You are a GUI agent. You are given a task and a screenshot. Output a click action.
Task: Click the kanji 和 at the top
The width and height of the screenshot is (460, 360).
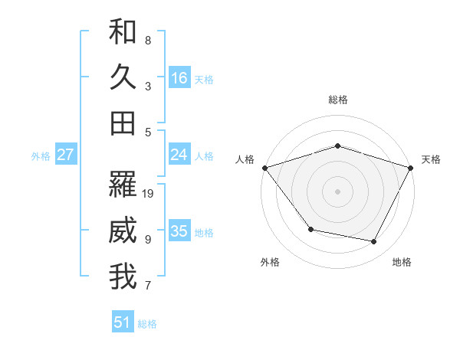click(x=123, y=31)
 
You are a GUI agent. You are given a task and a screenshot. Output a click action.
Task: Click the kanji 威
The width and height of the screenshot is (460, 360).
click(x=123, y=231)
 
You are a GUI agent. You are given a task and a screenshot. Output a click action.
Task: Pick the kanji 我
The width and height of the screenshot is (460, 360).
click(x=123, y=277)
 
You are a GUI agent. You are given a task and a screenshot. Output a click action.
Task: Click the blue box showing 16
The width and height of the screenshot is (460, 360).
click(x=179, y=78)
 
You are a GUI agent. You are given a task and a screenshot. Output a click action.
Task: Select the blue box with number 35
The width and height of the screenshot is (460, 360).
click(x=179, y=232)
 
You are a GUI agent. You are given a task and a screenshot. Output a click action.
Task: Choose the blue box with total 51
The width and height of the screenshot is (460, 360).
click(x=123, y=322)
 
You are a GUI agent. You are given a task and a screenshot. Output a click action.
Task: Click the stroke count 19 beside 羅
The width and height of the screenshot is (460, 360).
click(x=149, y=193)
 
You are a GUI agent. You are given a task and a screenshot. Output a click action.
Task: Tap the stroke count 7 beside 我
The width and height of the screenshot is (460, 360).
click(x=148, y=286)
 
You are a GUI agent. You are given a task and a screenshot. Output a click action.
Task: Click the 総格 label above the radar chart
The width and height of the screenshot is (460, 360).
click(x=338, y=100)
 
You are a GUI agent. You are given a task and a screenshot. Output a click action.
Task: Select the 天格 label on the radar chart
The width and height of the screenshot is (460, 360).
click(x=432, y=159)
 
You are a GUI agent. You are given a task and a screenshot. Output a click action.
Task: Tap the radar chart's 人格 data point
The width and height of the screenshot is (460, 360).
click(x=264, y=168)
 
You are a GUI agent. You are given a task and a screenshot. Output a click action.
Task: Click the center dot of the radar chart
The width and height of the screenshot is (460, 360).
click(x=337, y=191)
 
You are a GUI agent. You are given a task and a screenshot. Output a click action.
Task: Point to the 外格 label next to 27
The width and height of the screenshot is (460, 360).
click(x=41, y=156)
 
